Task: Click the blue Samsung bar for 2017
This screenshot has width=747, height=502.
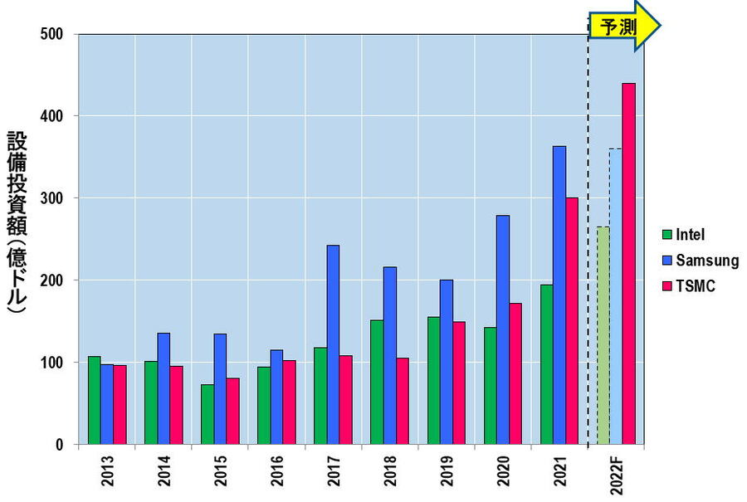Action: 333,344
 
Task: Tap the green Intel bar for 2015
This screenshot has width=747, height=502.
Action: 207,414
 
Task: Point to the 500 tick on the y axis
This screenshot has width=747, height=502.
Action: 52,35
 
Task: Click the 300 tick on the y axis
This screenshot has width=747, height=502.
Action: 52,198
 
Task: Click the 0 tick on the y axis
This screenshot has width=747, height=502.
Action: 60,445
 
